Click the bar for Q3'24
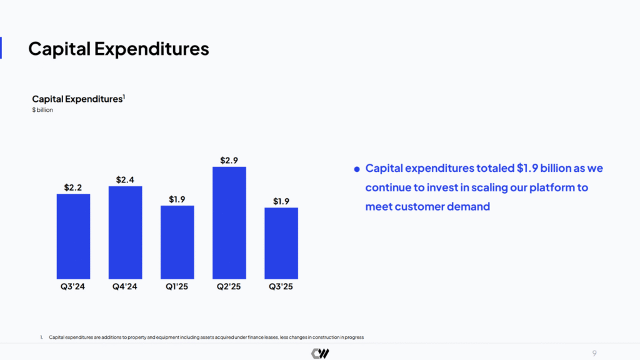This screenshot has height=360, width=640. point(73,236)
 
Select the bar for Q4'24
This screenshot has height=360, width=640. point(125,232)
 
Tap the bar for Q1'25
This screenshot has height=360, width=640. point(177,242)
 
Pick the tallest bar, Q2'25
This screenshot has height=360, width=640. point(229,222)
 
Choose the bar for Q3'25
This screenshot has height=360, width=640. point(281,243)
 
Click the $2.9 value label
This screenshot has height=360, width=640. point(229,161)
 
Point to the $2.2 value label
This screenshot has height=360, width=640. point(73,187)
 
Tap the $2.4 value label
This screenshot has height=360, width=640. point(125,180)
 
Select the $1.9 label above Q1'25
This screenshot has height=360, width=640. point(177,199)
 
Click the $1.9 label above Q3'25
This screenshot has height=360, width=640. point(281,201)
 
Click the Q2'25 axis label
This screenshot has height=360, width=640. point(229,287)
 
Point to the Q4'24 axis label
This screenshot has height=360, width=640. point(125,287)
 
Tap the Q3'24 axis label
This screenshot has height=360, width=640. point(73,287)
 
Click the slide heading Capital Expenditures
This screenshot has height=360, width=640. point(119,48)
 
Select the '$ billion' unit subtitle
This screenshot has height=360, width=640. point(42,110)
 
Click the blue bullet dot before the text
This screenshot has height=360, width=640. point(357,169)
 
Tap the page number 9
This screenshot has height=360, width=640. point(594,353)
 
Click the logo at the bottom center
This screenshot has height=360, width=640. point(320,354)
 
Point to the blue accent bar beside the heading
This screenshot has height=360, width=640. point(1,47)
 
